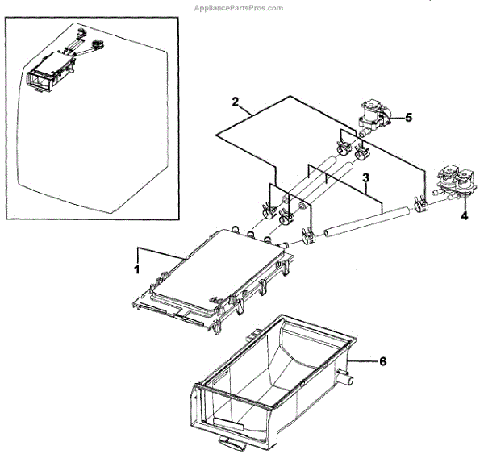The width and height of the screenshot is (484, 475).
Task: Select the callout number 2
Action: [235, 102]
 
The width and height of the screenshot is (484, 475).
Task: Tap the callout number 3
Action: [365, 177]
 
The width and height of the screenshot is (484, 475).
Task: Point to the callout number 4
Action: [464, 215]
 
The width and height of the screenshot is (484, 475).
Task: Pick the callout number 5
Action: [408, 117]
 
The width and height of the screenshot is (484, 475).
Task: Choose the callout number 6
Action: [382, 362]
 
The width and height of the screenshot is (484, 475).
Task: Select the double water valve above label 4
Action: [453, 181]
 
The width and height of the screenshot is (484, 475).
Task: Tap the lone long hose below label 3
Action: [363, 223]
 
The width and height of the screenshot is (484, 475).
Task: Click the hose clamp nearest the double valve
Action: [420, 206]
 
